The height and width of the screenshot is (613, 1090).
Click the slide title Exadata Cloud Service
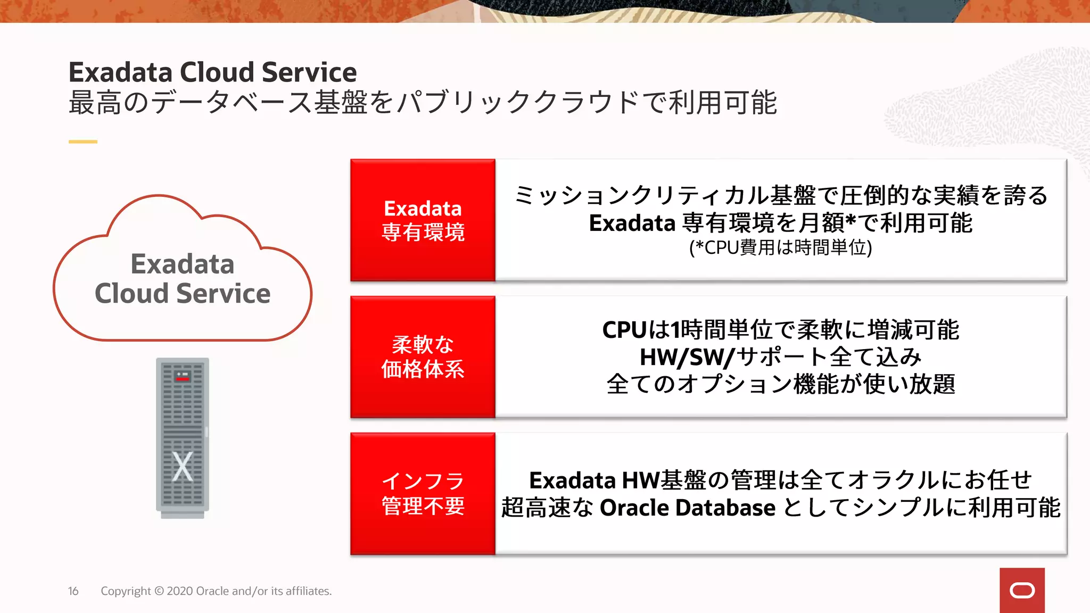(x=212, y=72)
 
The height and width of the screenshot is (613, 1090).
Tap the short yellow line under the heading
(x=82, y=142)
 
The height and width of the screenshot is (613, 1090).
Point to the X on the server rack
(x=183, y=466)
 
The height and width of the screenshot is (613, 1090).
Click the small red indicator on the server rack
(x=183, y=378)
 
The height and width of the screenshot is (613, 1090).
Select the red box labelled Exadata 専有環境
(x=423, y=220)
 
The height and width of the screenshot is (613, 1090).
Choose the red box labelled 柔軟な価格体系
(x=423, y=357)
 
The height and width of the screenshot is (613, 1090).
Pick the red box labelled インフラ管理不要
(x=423, y=494)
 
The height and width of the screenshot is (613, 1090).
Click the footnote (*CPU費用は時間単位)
(x=780, y=248)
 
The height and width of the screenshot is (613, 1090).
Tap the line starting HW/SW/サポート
(x=780, y=357)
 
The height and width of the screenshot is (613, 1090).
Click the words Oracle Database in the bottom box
(x=687, y=508)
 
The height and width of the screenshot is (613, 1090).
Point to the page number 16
(x=73, y=591)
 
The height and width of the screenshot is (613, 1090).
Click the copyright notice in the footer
(x=216, y=591)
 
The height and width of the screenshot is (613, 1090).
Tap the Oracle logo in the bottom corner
(x=1022, y=591)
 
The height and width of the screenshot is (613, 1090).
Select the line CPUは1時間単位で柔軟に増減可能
(x=780, y=330)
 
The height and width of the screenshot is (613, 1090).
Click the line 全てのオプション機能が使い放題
(x=780, y=384)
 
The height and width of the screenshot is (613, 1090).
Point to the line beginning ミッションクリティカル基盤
(x=780, y=195)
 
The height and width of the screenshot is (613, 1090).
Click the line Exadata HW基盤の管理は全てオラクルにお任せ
(x=780, y=481)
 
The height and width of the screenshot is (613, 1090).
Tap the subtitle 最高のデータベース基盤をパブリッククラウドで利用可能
(x=423, y=103)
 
